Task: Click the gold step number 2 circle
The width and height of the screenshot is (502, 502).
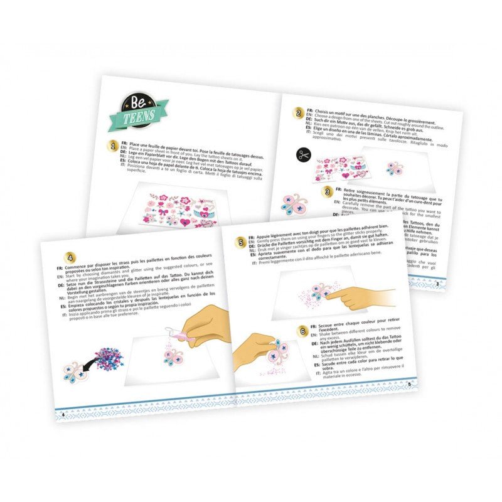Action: tap(299, 114)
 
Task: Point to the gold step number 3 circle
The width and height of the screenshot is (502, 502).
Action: tap(326, 191)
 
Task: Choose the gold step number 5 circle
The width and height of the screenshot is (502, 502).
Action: tap(240, 242)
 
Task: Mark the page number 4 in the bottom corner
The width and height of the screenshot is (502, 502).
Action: tap(63, 415)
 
